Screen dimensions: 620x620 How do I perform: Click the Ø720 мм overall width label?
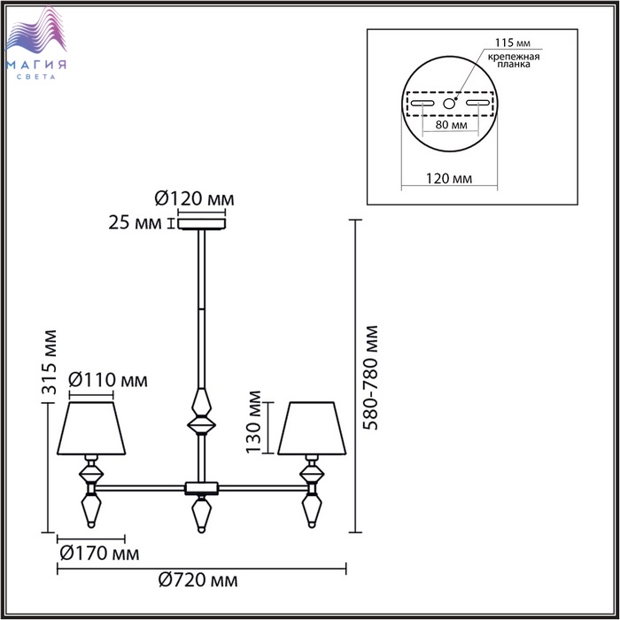[x=198, y=580]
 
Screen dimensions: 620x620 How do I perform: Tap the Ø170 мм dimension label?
[x=99, y=554]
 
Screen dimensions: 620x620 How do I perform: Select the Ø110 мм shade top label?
[x=108, y=380]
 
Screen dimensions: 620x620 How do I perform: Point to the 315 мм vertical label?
[x=50, y=362]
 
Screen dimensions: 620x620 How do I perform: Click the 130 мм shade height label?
[x=253, y=422]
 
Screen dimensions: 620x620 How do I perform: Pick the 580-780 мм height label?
[x=370, y=377]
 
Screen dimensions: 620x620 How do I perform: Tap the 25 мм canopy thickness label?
[x=136, y=223]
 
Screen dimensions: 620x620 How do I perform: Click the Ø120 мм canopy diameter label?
[x=194, y=198]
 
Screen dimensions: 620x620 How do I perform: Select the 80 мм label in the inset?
[x=451, y=125]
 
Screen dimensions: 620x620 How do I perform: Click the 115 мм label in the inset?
[x=513, y=43]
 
